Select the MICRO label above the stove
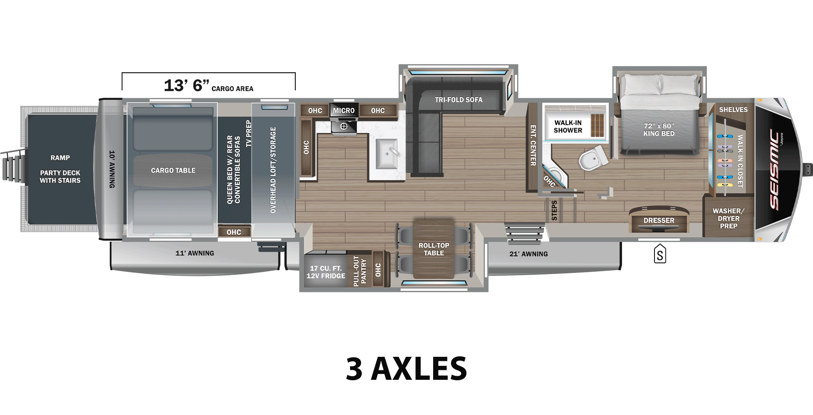pyautogui.click(x=344, y=111)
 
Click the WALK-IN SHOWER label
pyautogui.click(x=568, y=126)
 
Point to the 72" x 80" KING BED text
pyautogui.click(x=659, y=130)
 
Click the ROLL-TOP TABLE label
pyautogui.click(x=434, y=249)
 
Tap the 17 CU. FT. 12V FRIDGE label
pyautogui.click(x=326, y=272)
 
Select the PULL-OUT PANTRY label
pyautogui.click(x=360, y=271)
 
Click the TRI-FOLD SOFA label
pyautogui.click(x=458, y=100)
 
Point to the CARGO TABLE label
pyautogui.click(x=173, y=171)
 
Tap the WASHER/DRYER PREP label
pyautogui.click(x=729, y=218)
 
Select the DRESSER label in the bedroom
pyautogui.click(x=659, y=221)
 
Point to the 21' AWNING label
pyautogui.click(x=528, y=254)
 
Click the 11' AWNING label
pyautogui.click(x=195, y=253)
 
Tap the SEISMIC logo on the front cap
pyautogui.click(x=774, y=170)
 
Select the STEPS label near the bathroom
pyautogui.click(x=554, y=211)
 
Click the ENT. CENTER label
pyautogui.click(x=533, y=145)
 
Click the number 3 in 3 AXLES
pyautogui.click(x=354, y=369)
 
